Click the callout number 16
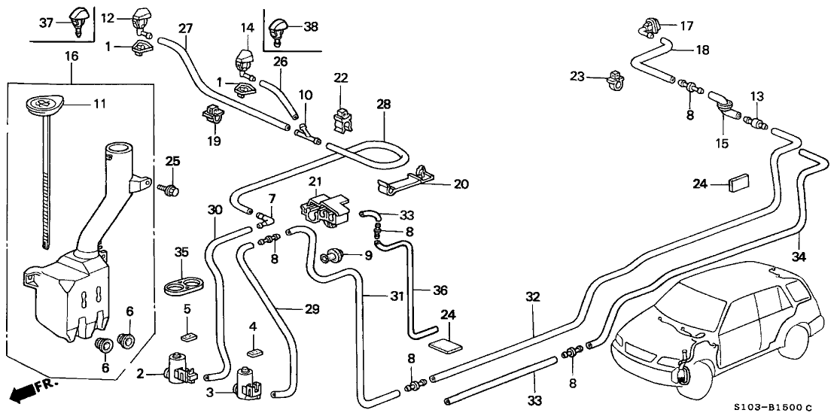tap(72, 56)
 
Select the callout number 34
tap(798, 257)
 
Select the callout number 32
tap(533, 297)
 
